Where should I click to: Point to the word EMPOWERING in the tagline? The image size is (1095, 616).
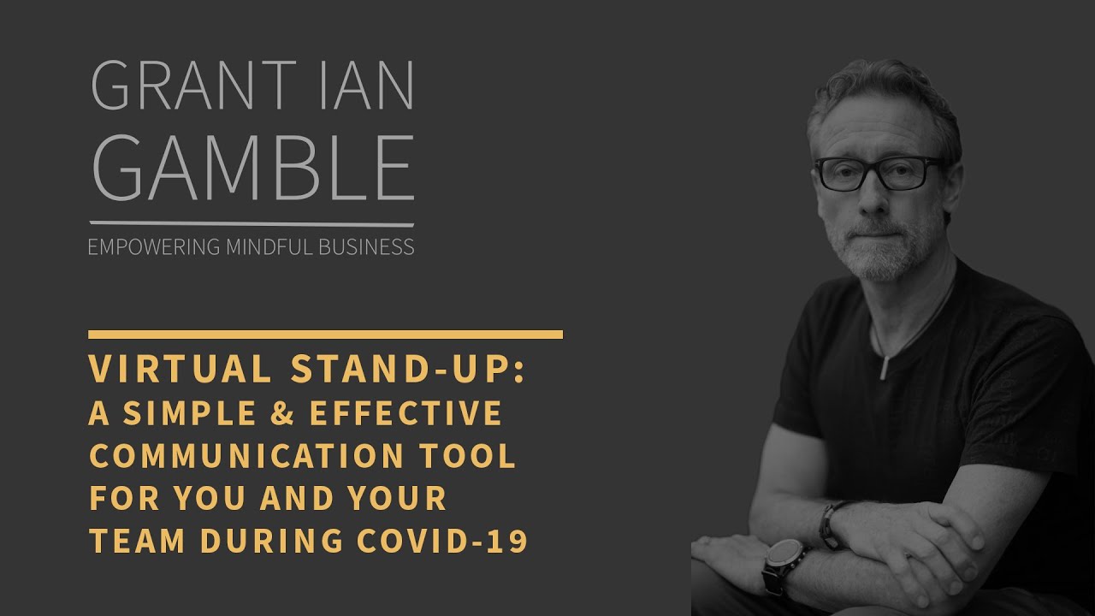tap(154, 248)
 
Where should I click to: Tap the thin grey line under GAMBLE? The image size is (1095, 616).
tap(252, 224)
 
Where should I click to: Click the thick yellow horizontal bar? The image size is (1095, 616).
tap(325, 335)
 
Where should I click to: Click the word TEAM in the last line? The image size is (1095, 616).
tap(138, 542)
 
